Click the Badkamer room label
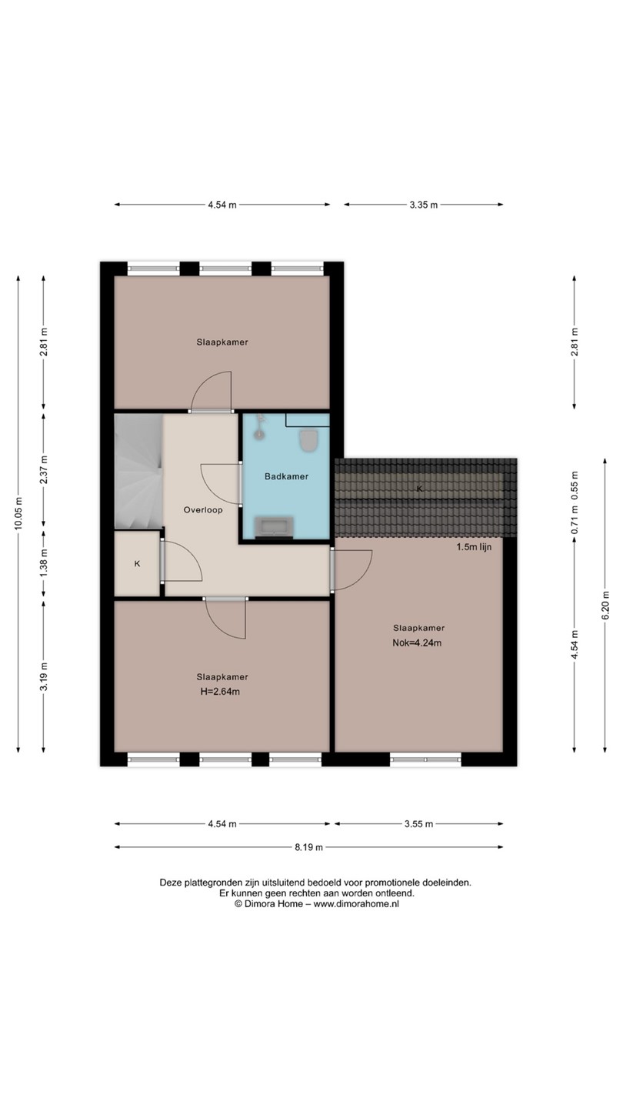coord(286,476)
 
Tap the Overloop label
coord(203,510)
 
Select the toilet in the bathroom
coord(308,440)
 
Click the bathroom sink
coord(274,527)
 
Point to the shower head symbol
coord(258,426)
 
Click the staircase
coord(138,472)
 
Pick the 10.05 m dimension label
coord(18,513)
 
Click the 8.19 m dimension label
coord(309,847)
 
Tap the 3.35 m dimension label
coord(423,205)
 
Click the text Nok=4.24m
coord(417,643)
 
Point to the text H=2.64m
coord(220,692)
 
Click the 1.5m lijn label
coord(474,547)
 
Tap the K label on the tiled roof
coord(420,489)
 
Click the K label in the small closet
coord(138,563)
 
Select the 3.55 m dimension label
coord(418,824)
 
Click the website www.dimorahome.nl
coord(357,903)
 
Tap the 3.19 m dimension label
coord(44,676)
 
